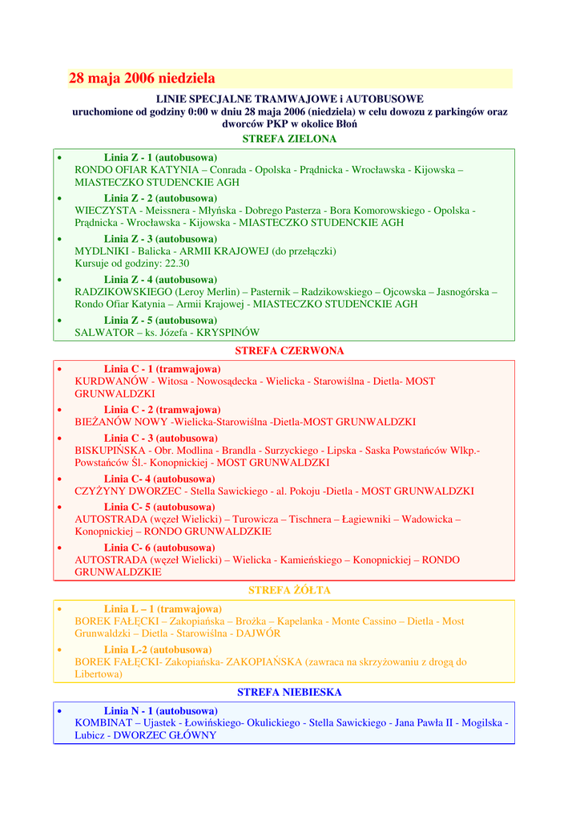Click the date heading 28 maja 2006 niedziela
[142, 79]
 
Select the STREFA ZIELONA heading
[289, 139]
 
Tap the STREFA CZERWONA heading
[289, 351]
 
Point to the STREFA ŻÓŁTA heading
[289, 590]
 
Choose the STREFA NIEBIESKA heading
[289, 692]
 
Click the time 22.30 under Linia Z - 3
[177, 263]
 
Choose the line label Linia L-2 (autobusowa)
[158, 649]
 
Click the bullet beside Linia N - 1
[60, 711]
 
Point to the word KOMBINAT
[103, 722]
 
